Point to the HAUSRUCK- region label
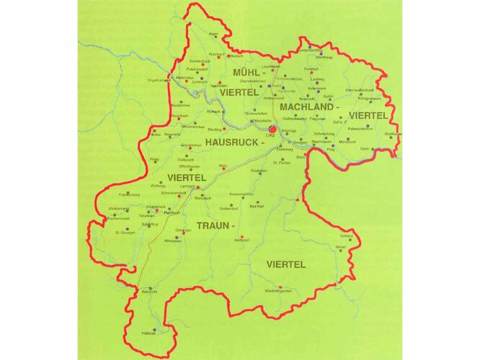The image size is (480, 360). pyautogui.click(x=236, y=143)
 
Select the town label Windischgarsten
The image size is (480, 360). pyautogui.click(x=278, y=290)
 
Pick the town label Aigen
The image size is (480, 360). pyautogui.click(x=213, y=33)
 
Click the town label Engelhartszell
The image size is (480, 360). pyautogui.click(x=158, y=80)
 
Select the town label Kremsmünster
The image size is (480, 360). pyautogui.click(x=241, y=194)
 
